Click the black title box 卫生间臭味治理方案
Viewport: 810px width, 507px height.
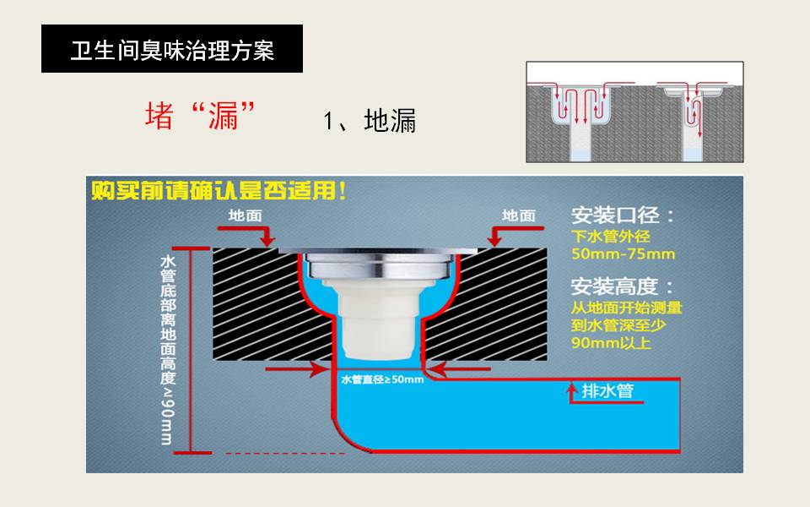pyautogui.click(x=171, y=50)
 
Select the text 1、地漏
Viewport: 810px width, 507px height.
pyautogui.click(x=370, y=121)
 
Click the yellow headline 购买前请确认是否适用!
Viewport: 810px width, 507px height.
pyautogui.click(x=219, y=191)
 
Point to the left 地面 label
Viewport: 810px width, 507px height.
pyautogui.click(x=245, y=215)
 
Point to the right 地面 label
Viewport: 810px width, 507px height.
pyautogui.click(x=518, y=215)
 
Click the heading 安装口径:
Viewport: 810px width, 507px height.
pyautogui.click(x=623, y=215)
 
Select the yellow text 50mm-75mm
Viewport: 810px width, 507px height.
pyautogui.click(x=623, y=253)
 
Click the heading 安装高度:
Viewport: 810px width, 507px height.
pyautogui.click(x=623, y=286)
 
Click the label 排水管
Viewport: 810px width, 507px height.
pyautogui.click(x=607, y=391)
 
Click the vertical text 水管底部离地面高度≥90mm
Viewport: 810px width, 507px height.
pyautogui.click(x=167, y=348)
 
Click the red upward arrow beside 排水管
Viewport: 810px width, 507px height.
pyautogui.click(x=571, y=392)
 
